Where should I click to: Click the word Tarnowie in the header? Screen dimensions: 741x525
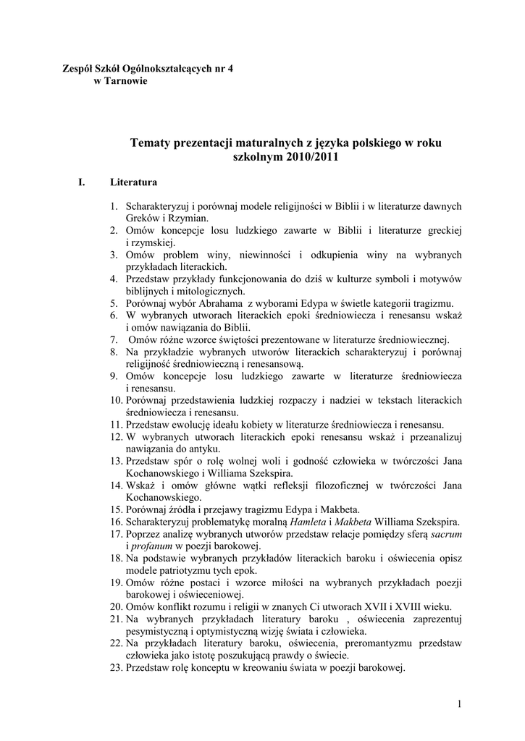coord(127,81)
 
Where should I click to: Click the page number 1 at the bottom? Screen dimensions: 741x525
coord(460,703)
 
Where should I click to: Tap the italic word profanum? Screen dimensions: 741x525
coord(152,546)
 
